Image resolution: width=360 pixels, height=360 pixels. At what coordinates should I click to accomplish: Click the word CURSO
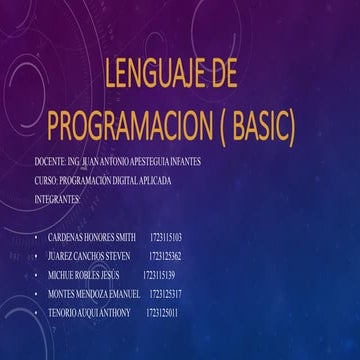pos(44,181)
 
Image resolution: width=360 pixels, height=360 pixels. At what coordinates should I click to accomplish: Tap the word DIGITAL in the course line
pos(135,181)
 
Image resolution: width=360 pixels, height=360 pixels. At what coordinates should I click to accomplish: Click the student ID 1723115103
pos(164,238)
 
